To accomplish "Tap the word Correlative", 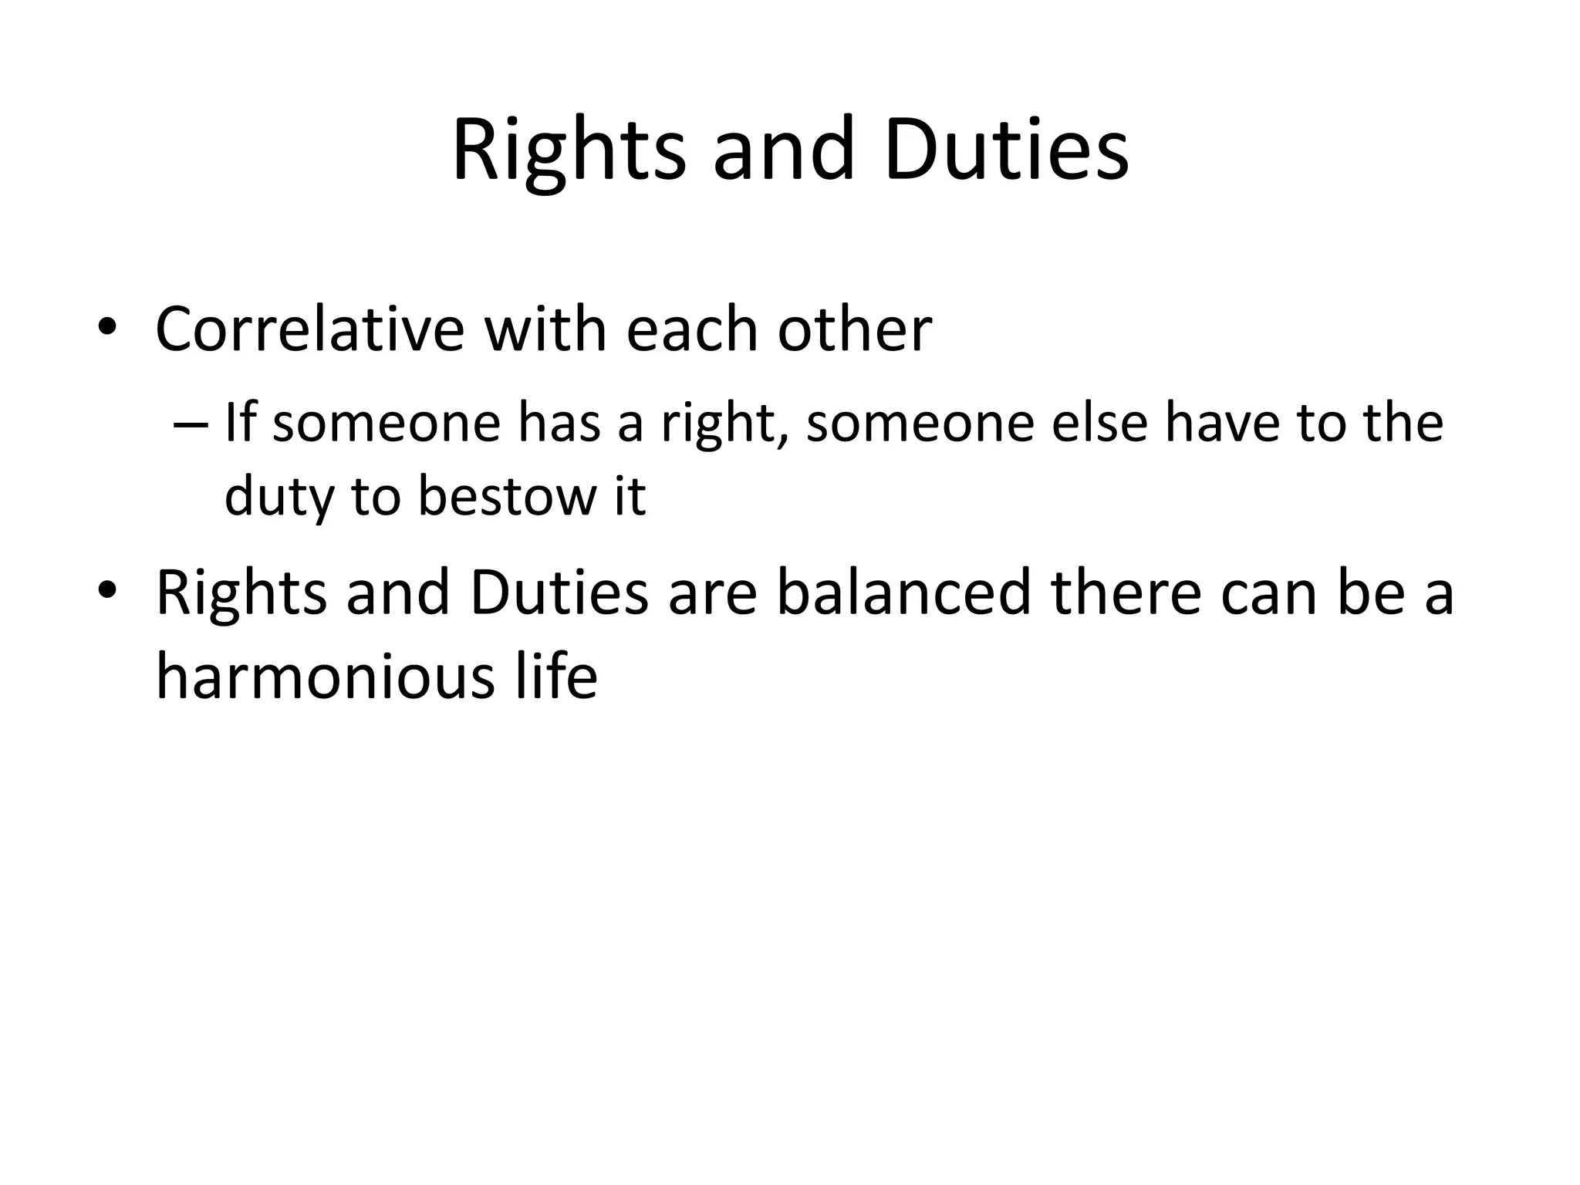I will coord(309,329).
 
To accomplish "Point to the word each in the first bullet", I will coord(692,329).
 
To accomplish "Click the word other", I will coord(855,329).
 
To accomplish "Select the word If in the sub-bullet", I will coord(239,423).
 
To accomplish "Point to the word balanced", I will coord(903,592).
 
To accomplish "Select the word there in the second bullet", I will coord(1126,592).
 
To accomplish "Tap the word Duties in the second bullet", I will coord(559,592).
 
